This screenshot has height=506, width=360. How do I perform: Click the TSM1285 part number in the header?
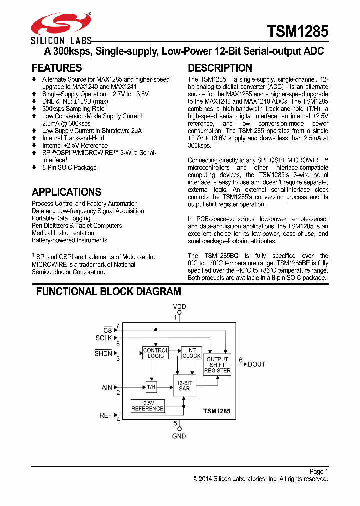click(x=298, y=32)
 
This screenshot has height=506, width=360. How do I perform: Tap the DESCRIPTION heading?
click(x=220, y=68)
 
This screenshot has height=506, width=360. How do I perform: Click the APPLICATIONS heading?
click(x=66, y=192)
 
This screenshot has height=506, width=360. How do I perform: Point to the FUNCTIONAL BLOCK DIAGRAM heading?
click(x=109, y=292)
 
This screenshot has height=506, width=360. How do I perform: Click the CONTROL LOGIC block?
click(x=156, y=353)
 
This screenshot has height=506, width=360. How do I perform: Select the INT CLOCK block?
click(x=191, y=353)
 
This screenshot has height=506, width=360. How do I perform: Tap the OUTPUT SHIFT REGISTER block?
click(x=217, y=365)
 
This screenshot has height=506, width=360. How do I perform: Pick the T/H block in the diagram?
click(x=151, y=387)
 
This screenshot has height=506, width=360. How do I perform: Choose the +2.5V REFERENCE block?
click(x=147, y=406)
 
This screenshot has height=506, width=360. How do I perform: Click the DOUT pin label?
click(x=257, y=364)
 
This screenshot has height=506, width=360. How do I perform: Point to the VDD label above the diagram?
click(x=179, y=306)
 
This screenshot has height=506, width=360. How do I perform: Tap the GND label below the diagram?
click(x=179, y=436)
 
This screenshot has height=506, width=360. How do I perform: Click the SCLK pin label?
click(x=104, y=338)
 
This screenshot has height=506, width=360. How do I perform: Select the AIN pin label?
click(x=107, y=387)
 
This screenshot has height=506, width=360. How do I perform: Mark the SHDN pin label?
click(x=104, y=353)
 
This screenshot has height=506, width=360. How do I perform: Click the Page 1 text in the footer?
click(x=318, y=471)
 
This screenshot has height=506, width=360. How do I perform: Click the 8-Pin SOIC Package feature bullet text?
click(x=69, y=168)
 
